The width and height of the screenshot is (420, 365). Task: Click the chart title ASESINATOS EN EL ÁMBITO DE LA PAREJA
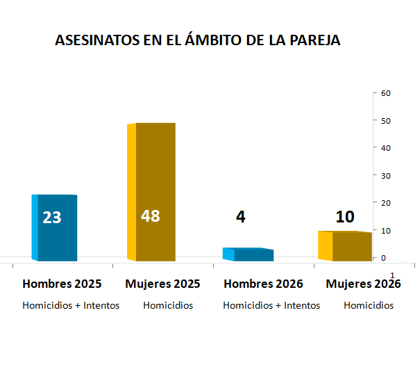[x=197, y=40]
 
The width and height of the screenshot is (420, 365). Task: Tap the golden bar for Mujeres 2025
[x=154, y=174]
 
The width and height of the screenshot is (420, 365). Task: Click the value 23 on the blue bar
[x=52, y=218]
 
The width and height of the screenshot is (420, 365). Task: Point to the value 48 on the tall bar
[x=150, y=216]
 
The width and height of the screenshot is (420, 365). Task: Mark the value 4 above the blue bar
[x=240, y=217]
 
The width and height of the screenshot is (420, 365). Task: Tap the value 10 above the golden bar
[x=345, y=217]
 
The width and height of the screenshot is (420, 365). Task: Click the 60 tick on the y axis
[x=387, y=93]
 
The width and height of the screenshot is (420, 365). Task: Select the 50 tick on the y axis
[x=387, y=120]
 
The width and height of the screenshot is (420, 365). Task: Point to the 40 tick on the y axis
[x=387, y=148]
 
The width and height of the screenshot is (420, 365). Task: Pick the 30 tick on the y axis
[x=387, y=175]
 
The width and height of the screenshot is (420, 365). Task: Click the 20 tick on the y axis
[x=387, y=202]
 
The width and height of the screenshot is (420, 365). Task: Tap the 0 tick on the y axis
[x=384, y=257]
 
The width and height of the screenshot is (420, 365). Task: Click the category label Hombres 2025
[x=62, y=284]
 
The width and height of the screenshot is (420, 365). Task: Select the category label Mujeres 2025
[x=162, y=284]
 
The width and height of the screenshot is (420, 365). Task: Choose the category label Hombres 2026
[x=263, y=284]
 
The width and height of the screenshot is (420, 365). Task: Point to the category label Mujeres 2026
[x=363, y=284]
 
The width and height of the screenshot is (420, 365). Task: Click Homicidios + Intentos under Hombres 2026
[x=271, y=305]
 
